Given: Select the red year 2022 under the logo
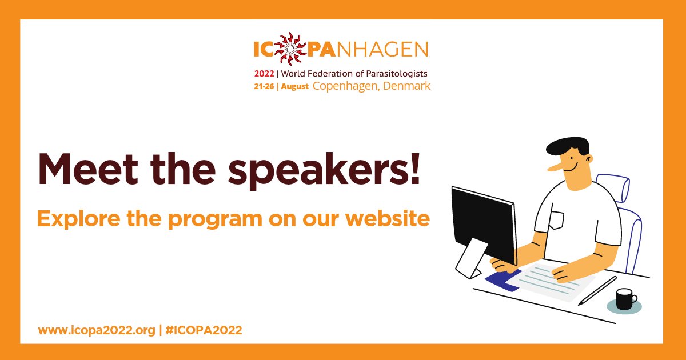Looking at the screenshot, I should pyautogui.click(x=264, y=74).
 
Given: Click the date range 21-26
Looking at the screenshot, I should pyautogui.click(x=266, y=87).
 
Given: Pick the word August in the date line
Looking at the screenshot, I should pyautogui.click(x=295, y=87).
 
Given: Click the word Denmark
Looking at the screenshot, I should pyautogui.click(x=408, y=86).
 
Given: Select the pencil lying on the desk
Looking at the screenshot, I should pyautogui.click(x=597, y=291).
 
